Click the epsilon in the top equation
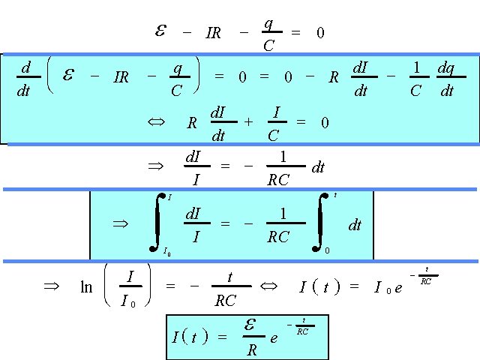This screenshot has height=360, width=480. tap(160, 31)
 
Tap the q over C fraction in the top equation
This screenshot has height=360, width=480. tap(268, 34)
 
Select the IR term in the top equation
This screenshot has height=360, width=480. tap(213, 34)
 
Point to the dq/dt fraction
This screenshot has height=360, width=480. tap(447, 79)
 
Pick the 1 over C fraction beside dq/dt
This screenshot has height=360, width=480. tap(416, 79)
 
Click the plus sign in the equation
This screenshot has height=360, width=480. tap(248, 122)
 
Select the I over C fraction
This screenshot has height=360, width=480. tap(276, 124)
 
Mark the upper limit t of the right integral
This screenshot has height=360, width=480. tap(334, 196)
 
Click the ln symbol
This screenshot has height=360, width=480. tap(86, 286)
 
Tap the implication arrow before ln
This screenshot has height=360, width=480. tap(51, 286)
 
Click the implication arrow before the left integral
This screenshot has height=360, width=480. tap(121, 223)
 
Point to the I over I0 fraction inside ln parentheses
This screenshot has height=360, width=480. tap(130, 287)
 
